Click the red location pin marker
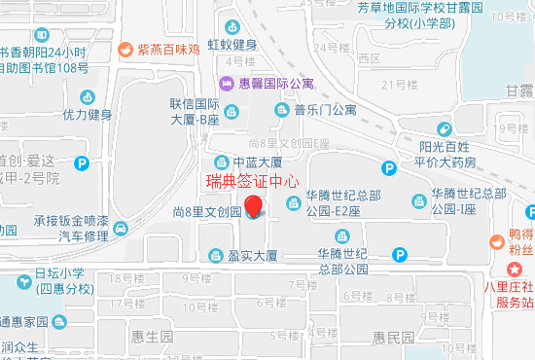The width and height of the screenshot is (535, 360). coord(254,206)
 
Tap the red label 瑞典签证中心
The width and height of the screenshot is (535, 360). coord(251,180)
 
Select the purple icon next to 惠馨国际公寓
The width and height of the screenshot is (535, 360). coord(227,84)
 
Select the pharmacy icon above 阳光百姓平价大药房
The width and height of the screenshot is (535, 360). coord(444,129)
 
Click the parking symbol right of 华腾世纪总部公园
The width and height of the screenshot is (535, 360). coord(399,255)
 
